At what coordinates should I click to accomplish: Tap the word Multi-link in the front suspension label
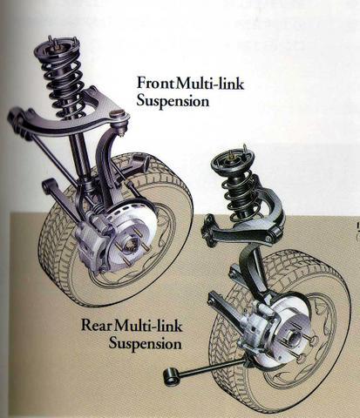click(210, 84)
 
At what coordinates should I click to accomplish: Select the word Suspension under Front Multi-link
click(173, 101)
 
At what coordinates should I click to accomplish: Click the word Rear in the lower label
click(97, 326)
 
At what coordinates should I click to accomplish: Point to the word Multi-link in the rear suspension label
click(148, 325)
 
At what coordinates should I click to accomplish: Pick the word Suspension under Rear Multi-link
click(146, 343)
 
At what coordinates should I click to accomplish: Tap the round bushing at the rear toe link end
click(172, 376)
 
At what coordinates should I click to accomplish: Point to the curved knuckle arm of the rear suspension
click(254, 272)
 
